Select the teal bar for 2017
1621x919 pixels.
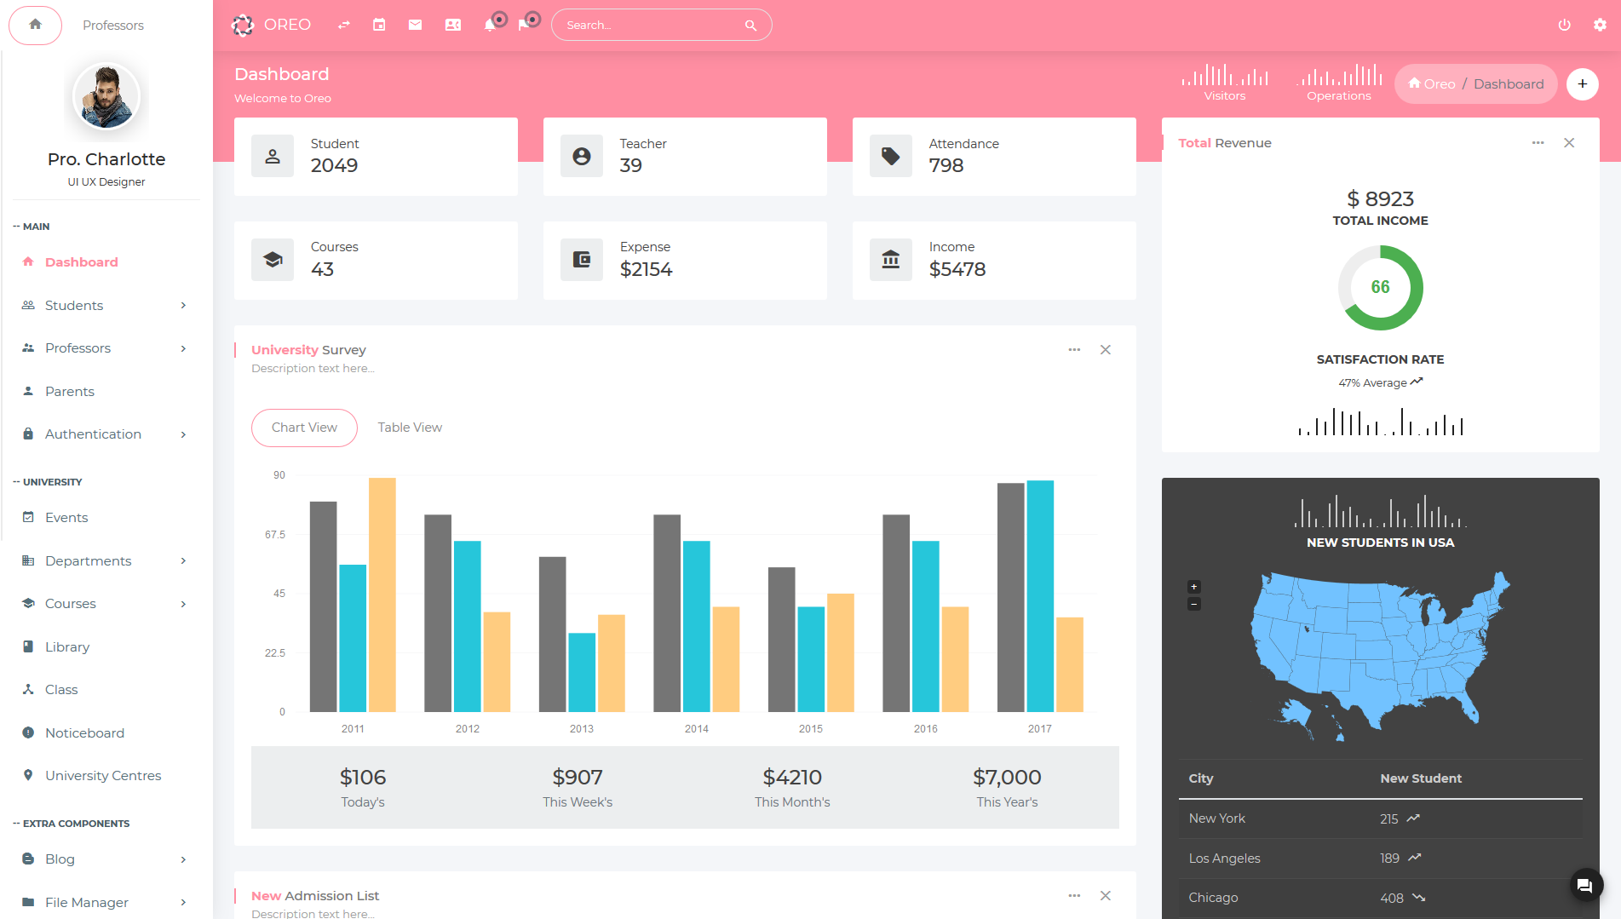pos(1040,596)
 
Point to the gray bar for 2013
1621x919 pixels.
pos(552,634)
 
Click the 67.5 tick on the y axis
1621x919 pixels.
pos(275,535)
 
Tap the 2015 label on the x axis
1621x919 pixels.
pos(811,729)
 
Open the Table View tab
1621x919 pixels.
pos(410,428)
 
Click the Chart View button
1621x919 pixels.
pos(304,428)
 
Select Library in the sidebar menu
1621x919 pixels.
pos(67,646)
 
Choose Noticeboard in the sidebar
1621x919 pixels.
pos(84,732)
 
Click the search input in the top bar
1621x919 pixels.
pos(652,26)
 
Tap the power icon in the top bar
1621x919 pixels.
pos(1564,26)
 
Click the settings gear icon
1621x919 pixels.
pos(1600,26)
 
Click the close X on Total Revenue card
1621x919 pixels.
pos(1569,143)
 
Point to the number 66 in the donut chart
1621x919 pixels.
pos(1380,288)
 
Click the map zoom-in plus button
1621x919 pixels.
pos(1194,587)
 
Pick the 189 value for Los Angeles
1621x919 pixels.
pos(1389,858)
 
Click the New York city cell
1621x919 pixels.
pos(1217,818)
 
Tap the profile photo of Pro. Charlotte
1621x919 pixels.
pos(106,96)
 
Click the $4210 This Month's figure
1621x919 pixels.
pos(792,778)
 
